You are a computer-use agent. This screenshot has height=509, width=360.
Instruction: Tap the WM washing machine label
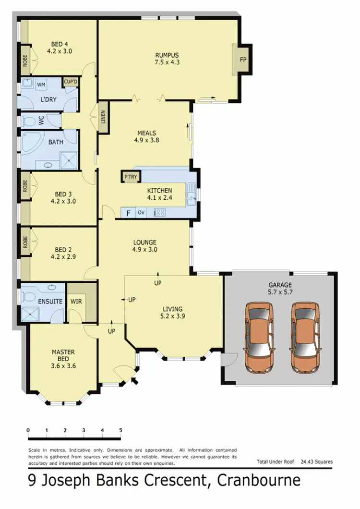(x=41, y=85)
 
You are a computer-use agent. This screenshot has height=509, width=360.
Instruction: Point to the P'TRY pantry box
(x=130, y=177)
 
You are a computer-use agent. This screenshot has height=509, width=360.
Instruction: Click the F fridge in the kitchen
(x=128, y=212)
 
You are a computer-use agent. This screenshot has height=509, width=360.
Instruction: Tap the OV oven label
(x=142, y=212)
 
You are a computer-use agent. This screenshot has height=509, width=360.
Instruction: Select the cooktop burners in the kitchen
(x=160, y=212)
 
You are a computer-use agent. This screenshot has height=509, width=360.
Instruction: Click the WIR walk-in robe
(x=76, y=302)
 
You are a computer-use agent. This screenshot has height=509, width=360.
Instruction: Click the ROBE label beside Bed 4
(x=24, y=60)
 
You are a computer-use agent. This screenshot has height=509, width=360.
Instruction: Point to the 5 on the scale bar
(x=120, y=430)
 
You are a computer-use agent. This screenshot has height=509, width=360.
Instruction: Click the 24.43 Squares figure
(x=316, y=461)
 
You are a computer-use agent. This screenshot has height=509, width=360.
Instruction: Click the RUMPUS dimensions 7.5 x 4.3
(x=167, y=62)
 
